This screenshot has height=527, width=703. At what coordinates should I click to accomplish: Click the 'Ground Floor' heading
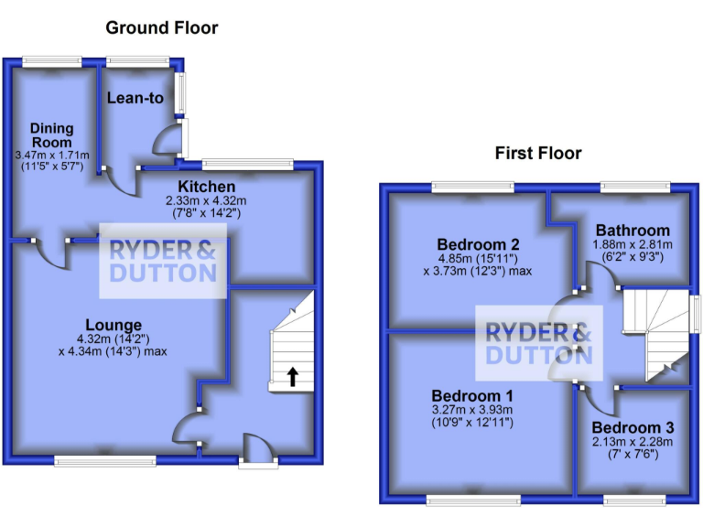(x=162, y=27)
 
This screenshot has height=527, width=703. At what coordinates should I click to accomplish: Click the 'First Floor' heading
(x=538, y=153)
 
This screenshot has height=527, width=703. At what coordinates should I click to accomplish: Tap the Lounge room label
(x=114, y=325)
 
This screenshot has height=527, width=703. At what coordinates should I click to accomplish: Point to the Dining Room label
(x=51, y=135)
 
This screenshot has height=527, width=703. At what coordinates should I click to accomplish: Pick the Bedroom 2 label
(x=479, y=244)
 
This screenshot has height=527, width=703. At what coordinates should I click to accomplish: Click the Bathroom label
(x=633, y=231)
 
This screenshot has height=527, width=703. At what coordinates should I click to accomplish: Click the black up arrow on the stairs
(x=292, y=376)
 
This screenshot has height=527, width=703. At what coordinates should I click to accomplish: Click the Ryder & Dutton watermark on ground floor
(x=163, y=261)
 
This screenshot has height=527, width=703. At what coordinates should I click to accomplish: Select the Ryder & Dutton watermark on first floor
(x=538, y=342)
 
